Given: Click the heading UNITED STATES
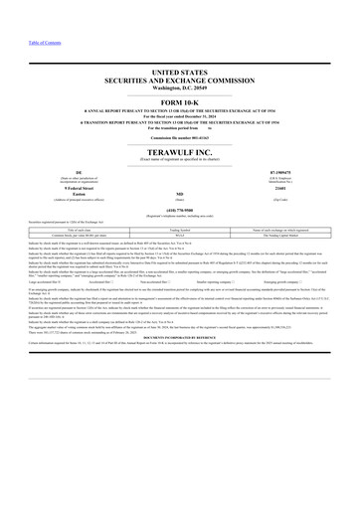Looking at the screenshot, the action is tap(180, 75).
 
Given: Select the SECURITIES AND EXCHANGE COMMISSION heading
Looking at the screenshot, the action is tap(180, 83).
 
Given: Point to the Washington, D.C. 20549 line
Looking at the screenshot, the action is tap(180, 89).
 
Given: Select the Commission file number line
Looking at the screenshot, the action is tap(180, 136).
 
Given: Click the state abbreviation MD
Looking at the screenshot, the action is tap(180, 196).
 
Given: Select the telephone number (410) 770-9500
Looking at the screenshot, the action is tap(180, 210).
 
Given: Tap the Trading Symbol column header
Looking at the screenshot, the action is tap(180, 226).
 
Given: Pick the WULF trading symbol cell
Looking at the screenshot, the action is tap(180, 232).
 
